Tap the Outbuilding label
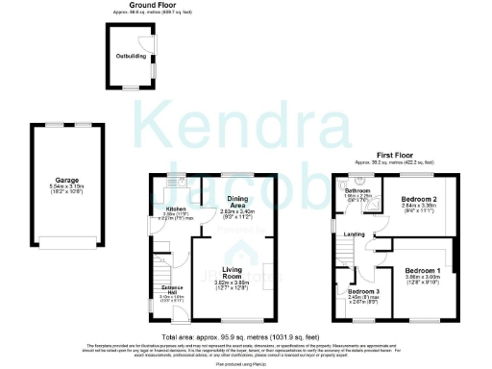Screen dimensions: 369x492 [x=132, y=56]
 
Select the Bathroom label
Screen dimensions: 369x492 [x=357, y=191]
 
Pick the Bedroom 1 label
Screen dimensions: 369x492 [x=424, y=271]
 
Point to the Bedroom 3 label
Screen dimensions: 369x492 [x=363, y=291]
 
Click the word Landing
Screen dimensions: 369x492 [x=355, y=233]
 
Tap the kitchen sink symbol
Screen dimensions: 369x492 [x=173, y=180]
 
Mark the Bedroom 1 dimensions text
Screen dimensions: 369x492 [x=424, y=280]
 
